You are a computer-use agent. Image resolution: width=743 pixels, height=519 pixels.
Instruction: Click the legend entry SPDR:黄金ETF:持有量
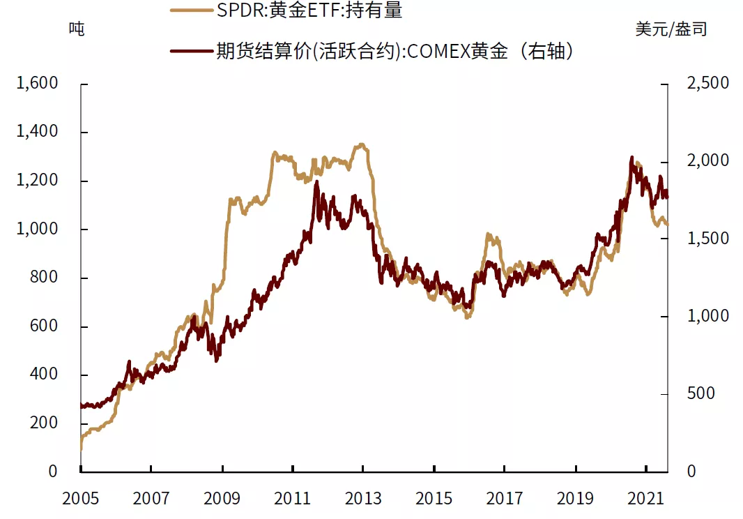[309, 10]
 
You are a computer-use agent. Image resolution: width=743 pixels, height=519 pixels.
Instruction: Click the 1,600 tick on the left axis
[38, 84]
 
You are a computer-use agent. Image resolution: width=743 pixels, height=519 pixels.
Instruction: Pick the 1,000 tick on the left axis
[38, 230]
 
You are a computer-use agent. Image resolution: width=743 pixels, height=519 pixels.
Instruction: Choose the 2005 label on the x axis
[81, 499]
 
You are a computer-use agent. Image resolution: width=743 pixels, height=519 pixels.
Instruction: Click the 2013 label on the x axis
[363, 499]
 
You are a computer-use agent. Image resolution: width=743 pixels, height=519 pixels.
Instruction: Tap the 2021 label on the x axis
[646, 499]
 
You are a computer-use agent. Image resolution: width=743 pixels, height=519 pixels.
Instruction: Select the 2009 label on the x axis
[222, 499]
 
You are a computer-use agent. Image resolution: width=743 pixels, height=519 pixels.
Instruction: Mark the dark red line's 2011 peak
[316, 181]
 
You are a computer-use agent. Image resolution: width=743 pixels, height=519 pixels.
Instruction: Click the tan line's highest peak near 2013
[360, 144]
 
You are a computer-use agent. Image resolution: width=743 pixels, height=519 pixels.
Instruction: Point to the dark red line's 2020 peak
[632, 158]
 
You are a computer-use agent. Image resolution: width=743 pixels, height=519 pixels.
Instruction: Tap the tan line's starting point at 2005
[82, 448]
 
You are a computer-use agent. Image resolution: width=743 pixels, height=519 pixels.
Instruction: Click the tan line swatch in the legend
[191, 10]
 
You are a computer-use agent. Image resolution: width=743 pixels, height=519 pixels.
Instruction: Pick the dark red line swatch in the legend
[191, 51]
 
